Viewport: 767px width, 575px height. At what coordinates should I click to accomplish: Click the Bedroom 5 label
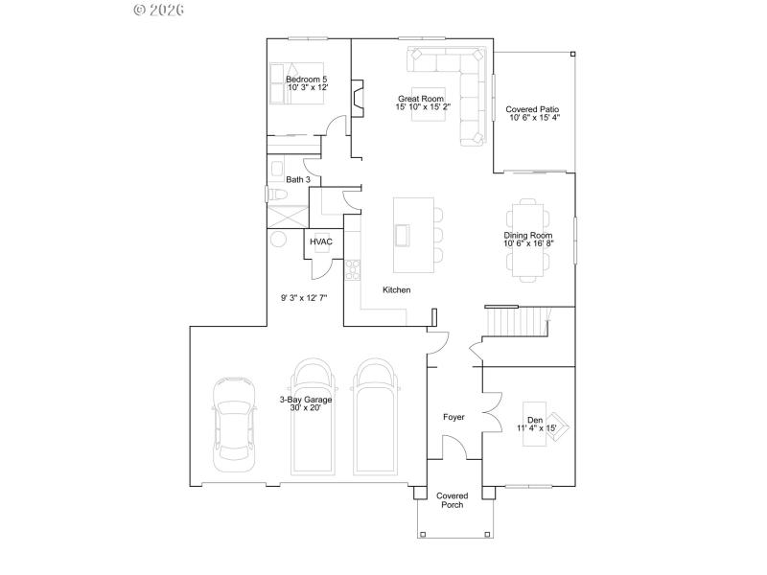pyautogui.click(x=308, y=79)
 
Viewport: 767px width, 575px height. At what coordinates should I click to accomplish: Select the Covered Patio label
pyautogui.click(x=533, y=110)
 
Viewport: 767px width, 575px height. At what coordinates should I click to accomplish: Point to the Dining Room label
pyautogui.click(x=528, y=235)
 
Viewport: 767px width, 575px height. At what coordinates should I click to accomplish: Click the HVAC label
pyautogui.click(x=320, y=242)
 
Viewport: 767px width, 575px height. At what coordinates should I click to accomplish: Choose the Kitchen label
pyautogui.click(x=397, y=289)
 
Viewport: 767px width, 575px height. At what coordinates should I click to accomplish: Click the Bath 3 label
pyautogui.click(x=298, y=179)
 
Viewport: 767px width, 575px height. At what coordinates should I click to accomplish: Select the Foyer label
pyautogui.click(x=453, y=417)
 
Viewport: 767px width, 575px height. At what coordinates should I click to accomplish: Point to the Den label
pyautogui.click(x=535, y=420)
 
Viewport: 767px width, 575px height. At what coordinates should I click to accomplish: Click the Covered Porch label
pyautogui.click(x=453, y=500)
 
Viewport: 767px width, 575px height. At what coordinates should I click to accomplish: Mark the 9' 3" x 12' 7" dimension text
pyautogui.click(x=304, y=298)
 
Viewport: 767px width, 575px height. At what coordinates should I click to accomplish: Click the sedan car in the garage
pyautogui.click(x=235, y=422)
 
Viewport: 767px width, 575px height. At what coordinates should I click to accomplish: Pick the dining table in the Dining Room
pyautogui.click(x=529, y=240)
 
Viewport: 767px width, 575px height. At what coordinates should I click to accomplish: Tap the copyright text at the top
pyautogui.click(x=158, y=10)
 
